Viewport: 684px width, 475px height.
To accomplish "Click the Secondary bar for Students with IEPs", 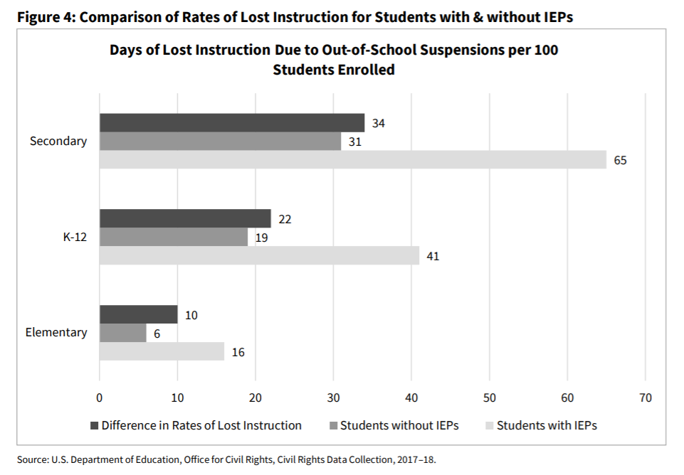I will coord(352,159).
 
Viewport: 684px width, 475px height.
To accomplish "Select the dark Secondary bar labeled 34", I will coord(231,122).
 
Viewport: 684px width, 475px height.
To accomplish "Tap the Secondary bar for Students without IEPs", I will coord(220,141).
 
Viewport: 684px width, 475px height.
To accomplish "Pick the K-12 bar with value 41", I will coord(259,255).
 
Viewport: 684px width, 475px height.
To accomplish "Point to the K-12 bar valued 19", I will coord(173,237).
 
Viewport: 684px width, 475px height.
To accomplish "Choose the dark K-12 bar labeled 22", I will coord(185,218).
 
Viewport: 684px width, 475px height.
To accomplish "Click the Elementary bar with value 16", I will coord(162,351).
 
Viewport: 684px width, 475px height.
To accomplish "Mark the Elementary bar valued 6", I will coord(122,333).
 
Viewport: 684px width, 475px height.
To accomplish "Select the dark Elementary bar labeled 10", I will coord(138,314).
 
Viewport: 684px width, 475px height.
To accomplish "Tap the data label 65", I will coord(620,160).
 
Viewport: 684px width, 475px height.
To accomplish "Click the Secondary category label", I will coord(58,141).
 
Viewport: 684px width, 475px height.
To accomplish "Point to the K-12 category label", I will coord(75,237).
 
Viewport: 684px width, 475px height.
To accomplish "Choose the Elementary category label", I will coord(56,332).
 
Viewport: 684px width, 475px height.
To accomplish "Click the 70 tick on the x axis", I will coord(645,397).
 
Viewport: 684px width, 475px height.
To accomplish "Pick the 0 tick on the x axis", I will coord(100,397).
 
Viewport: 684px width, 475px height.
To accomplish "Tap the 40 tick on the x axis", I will coord(411,397).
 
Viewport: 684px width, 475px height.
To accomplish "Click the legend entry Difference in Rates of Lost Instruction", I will coord(201,426).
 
